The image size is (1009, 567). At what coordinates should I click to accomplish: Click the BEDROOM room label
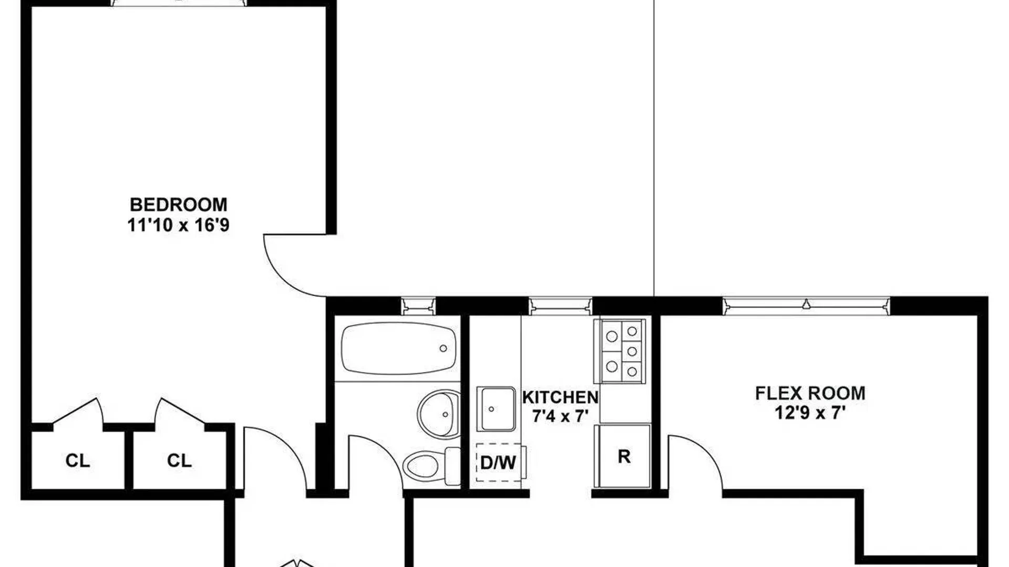(x=179, y=204)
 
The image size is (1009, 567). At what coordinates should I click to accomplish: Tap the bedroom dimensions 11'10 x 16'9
(x=179, y=225)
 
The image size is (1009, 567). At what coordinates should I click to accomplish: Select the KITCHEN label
(x=560, y=397)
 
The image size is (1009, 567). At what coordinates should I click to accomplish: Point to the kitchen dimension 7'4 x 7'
(x=560, y=417)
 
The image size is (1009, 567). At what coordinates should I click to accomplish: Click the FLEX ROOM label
(x=810, y=393)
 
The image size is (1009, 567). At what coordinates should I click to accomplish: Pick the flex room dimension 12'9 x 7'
(x=810, y=413)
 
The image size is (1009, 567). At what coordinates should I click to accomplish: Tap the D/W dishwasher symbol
(x=500, y=463)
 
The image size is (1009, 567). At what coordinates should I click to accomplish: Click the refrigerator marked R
(x=623, y=456)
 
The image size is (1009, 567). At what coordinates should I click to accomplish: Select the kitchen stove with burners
(x=620, y=351)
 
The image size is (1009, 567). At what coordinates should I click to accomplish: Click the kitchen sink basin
(x=496, y=409)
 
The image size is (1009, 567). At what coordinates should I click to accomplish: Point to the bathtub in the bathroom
(x=398, y=349)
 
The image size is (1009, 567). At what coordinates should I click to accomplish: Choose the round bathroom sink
(x=439, y=414)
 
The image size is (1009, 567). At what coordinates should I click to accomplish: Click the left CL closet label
(x=77, y=460)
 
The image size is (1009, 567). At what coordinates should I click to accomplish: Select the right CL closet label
(x=179, y=460)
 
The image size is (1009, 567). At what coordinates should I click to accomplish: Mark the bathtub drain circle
(x=443, y=349)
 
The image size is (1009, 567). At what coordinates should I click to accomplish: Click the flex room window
(x=806, y=306)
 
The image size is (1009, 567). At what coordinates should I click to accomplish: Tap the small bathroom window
(x=418, y=306)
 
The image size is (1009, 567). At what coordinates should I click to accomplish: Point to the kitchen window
(x=560, y=306)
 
